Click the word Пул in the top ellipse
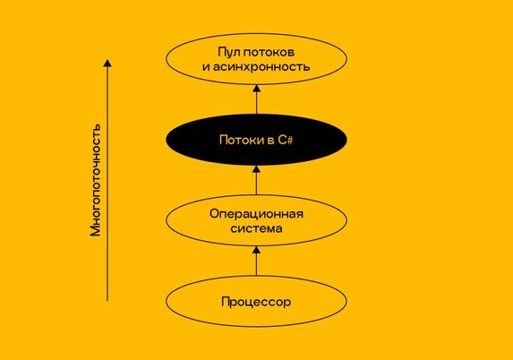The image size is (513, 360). [x=228, y=52]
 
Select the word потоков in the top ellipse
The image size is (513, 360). [x=269, y=52]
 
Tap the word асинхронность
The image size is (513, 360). [x=261, y=67]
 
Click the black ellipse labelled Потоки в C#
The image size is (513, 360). [x=256, y=140]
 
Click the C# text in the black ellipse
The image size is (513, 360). [x=286, y=140]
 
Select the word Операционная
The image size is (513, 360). [x=256, y=214]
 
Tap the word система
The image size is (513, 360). [x=256, y=228]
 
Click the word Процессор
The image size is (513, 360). [x=256, y=302]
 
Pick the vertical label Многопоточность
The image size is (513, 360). [x=96, y=180]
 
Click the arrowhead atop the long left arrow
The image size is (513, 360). [x=107, y=63]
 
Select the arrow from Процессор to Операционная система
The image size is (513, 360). [x=256, y=261]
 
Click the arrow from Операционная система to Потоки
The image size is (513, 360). [x=256, y=180]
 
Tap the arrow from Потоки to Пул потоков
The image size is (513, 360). [x=256, y=99]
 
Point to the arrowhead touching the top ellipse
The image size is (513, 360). [x=256, y=89]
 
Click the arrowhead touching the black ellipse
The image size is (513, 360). [x=256, y=169]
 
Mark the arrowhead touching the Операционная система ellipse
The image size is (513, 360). [x=256, y=250]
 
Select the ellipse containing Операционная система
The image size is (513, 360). [x=256, y=195]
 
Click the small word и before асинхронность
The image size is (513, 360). [x=206, y=67]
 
